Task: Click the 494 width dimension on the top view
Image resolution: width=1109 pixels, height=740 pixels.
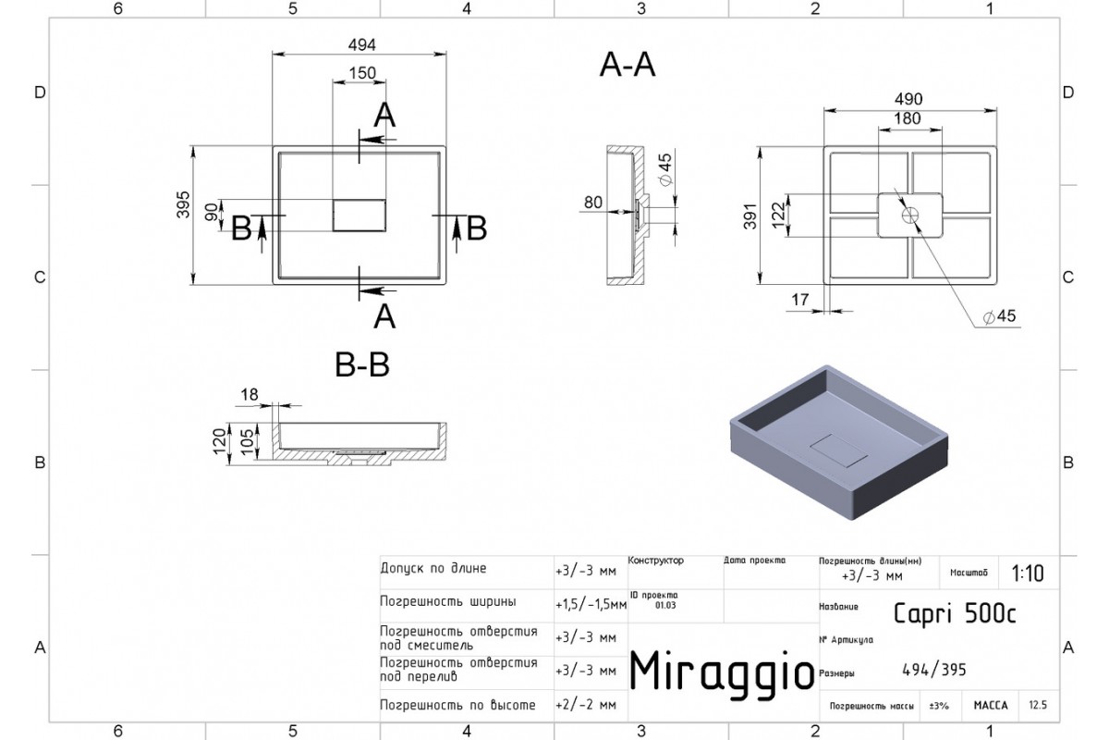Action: (361, 44)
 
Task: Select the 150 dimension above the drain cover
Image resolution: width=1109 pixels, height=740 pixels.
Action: (361, 73)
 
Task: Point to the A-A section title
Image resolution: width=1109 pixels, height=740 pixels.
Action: (628, 65)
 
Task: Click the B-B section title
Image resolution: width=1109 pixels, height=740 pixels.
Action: (361, 366)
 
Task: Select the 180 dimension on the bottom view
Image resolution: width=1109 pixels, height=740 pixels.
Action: (908, 118)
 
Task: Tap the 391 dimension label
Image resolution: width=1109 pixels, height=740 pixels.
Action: (750, 216)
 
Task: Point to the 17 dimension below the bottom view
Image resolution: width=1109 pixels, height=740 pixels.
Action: (800, 299)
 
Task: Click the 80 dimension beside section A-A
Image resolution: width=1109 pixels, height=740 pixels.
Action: (592, 202)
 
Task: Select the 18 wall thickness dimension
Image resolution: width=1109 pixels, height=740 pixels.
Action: (250, 395)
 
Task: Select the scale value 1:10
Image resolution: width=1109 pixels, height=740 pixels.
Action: (1028, 573)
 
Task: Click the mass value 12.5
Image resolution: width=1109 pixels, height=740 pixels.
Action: (1038, 706)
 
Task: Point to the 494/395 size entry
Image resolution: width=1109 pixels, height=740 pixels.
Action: (933, 672)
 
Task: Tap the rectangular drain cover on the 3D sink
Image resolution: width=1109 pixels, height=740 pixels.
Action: (838, 451)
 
